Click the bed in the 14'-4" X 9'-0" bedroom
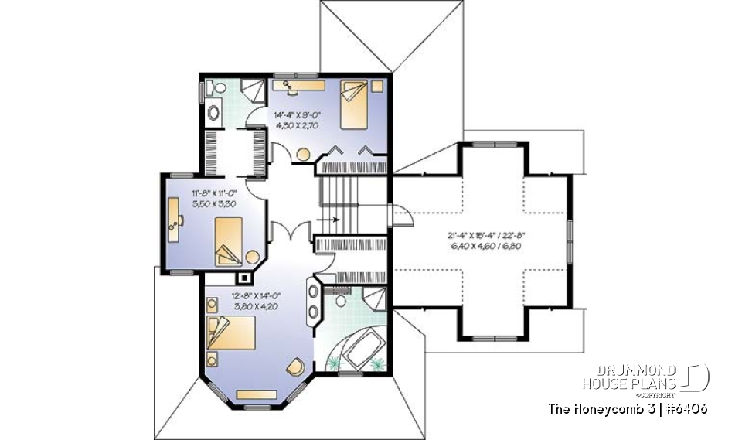click(353, 105)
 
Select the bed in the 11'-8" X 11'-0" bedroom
click(229, 240)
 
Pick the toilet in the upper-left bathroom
click(213, 111)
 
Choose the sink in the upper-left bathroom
click(216, 88)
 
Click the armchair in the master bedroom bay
click(294, 366)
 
